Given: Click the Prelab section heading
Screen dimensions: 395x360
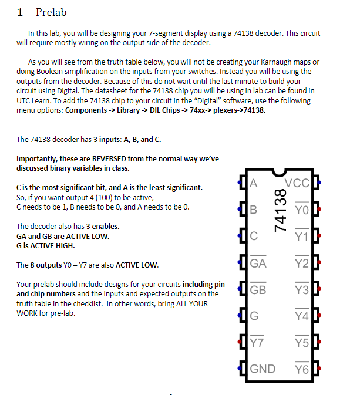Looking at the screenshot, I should click(52, 12).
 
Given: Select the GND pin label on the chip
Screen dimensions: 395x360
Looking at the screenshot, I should click(263, 369).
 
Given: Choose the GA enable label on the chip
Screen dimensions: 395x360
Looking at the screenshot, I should click(258, 264).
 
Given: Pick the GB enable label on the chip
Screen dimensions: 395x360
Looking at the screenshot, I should click(258, 290).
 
